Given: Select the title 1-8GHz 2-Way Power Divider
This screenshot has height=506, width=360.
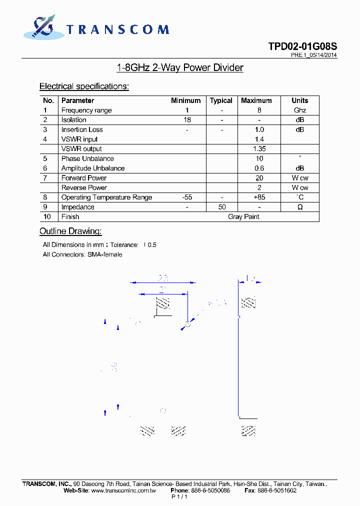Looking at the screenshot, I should [x=179, y=67].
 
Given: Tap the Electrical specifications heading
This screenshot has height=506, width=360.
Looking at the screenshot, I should [x=84, y=86].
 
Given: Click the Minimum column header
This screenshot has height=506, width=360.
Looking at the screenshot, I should [x=185, y=100].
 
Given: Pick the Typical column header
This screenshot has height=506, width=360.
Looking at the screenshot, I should [x=221, y=100].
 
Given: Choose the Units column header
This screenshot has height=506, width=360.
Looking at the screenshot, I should [x=299, y=100].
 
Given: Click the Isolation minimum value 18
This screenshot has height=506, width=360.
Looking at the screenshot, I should [x=186, y=120].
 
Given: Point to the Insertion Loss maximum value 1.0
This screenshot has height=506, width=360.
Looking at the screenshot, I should [x=259, y=129].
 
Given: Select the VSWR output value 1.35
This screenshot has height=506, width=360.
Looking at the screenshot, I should [x=259, y=149].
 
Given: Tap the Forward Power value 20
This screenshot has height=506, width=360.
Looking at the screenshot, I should [x=259, y=178].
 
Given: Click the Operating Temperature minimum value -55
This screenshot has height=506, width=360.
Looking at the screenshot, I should [x=186, y=197].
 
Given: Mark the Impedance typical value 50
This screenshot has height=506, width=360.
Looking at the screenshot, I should [x=221, y=207].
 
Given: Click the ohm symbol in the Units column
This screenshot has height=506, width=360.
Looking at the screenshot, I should [x=300, y=207].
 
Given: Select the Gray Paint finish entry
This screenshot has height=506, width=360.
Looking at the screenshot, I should [x=243, y=216].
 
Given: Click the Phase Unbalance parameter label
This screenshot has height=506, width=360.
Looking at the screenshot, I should [x=87, y=158].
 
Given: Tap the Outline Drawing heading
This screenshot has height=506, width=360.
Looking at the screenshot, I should [x=70, y=231].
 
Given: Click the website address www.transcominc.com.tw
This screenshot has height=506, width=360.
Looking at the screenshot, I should [x=123, y=490].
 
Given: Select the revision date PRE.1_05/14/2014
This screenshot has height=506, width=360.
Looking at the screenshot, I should [x=313, y=55].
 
